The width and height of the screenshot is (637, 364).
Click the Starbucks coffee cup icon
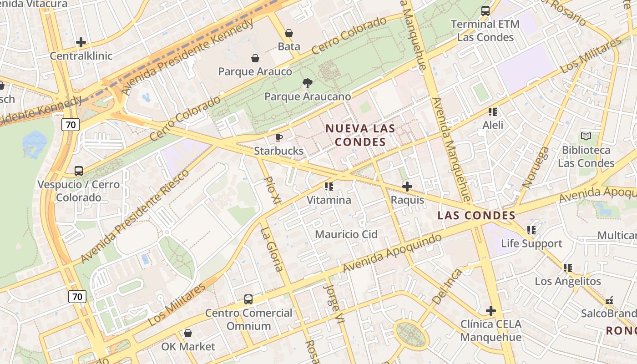(x=279, y=137)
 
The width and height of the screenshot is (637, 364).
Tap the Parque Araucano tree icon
(x=308, y=83)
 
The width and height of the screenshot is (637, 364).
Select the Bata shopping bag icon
(x=289, y=33)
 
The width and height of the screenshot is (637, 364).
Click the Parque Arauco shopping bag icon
(x=255, y=58)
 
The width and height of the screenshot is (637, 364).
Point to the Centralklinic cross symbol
(x=81, y=43)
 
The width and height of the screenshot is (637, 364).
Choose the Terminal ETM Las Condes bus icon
(x=485, y=11)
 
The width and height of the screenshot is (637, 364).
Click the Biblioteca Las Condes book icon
(x=586, y=136)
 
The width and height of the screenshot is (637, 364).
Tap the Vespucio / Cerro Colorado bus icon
(x=79, y=171)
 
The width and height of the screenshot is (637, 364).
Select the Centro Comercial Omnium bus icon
(x=248, y=299)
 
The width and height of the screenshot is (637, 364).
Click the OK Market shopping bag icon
(x=188, y=333)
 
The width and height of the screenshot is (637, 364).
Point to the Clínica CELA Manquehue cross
(x=490, y=311)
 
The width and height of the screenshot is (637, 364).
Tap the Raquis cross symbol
(x=407, y=187)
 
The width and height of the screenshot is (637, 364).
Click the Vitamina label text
(x=329, y=200)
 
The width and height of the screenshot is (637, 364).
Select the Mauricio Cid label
(x=346, y=234)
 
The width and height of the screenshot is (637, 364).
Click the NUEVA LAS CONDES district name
(x=360, y=135)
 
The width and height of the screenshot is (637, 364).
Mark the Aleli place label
(x=493, y=125)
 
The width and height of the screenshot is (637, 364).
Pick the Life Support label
(x=531, y=243)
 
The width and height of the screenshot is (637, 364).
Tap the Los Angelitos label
(x=568, y=281)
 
